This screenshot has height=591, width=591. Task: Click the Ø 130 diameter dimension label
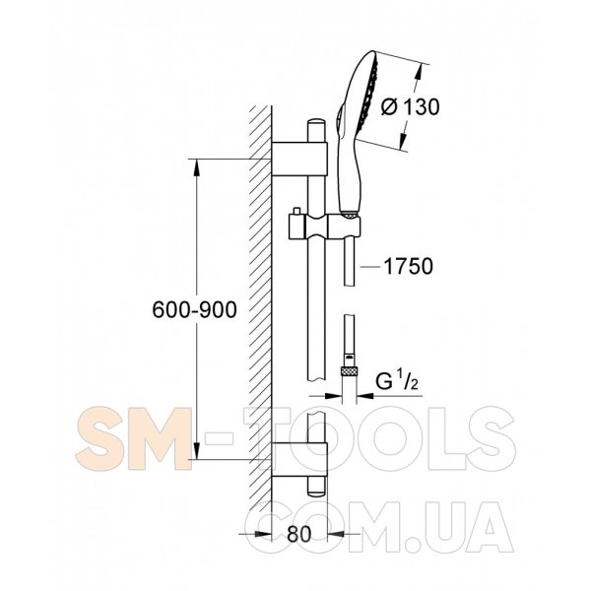pos(410,107)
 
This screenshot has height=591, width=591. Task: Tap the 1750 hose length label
pos(409,267)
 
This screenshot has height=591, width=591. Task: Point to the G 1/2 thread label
pos(397,381)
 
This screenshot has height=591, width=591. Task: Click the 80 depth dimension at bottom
pos(298,534)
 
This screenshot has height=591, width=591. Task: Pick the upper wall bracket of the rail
pos(299,159)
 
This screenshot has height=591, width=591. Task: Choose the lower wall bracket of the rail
pos(299,460)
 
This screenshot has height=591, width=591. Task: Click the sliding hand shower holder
pos(324,227)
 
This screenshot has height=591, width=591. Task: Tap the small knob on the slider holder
pos(296,211)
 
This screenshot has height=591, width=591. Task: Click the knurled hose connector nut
pos(349,371)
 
